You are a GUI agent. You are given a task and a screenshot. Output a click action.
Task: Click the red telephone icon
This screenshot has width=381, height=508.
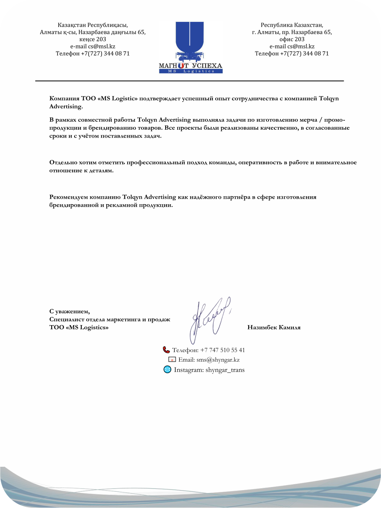coord(166,350)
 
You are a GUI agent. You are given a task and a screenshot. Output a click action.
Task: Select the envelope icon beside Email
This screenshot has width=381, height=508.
coord(172,360)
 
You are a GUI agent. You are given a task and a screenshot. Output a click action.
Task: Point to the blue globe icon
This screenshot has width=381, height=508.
coord(167,370)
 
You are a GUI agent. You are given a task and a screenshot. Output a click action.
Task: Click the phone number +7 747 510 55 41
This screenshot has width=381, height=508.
coord(222,350)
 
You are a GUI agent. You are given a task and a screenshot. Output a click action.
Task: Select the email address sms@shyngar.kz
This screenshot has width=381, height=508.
coord(218,360)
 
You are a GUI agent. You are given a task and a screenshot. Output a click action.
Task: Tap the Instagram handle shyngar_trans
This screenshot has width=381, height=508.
coord(225,370)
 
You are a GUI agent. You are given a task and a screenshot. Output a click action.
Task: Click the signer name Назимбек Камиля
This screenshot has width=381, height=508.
coord(274,328)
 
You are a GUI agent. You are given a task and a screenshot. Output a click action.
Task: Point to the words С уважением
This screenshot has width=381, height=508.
coord(69,312)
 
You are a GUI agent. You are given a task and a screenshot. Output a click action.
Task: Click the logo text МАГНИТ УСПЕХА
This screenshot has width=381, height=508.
coord(190,65)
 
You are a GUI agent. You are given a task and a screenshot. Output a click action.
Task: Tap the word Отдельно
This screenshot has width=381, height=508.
coord(63,163)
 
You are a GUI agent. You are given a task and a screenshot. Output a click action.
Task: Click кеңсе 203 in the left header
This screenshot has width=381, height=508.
coord(93,39)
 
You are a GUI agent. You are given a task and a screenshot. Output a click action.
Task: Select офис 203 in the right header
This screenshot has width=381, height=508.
coord(292,39)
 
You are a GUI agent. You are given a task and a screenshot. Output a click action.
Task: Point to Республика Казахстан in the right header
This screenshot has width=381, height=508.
coord(292,25)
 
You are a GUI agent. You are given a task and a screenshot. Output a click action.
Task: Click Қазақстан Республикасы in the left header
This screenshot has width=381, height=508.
coord(93,25)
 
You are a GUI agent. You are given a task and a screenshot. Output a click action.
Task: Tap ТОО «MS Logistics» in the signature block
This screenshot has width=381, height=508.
coord(79,328)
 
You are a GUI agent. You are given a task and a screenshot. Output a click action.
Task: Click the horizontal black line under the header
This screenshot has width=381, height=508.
coord(190,81)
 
